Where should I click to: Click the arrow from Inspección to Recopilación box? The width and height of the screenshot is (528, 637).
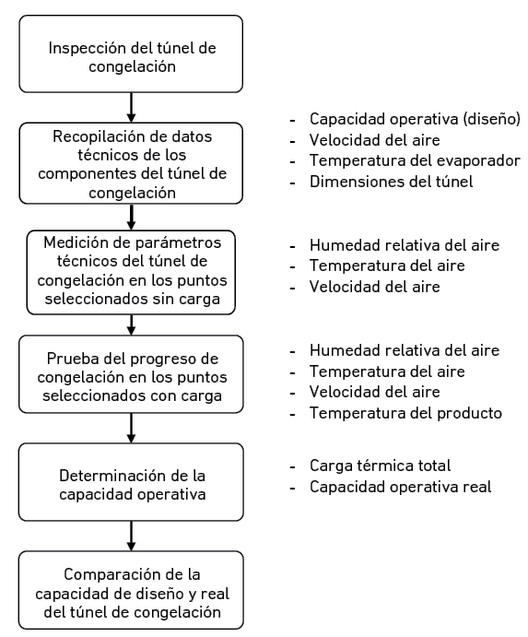[131, 108]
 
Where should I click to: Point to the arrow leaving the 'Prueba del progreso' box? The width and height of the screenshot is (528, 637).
[131, 428]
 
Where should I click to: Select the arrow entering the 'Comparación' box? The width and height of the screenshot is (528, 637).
[131, 537]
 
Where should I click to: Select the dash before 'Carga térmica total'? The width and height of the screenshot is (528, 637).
[292, 466]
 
